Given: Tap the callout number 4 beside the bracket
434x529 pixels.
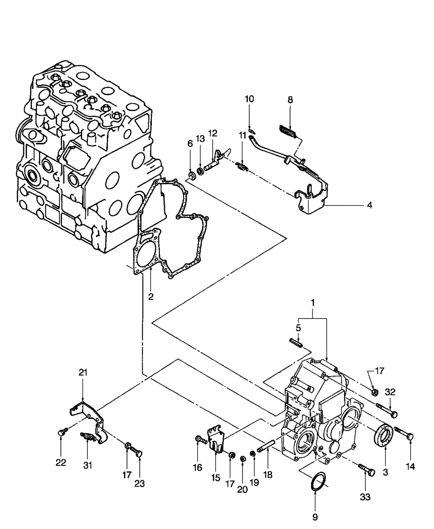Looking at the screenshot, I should tap(369, 205).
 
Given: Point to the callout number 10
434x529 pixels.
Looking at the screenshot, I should tap(249, 99).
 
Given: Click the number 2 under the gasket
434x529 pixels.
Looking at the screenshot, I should tap(151, 297).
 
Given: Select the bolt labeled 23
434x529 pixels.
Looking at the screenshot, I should tap(139, 452).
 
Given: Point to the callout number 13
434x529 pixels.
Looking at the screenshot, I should tap(201, 138).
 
